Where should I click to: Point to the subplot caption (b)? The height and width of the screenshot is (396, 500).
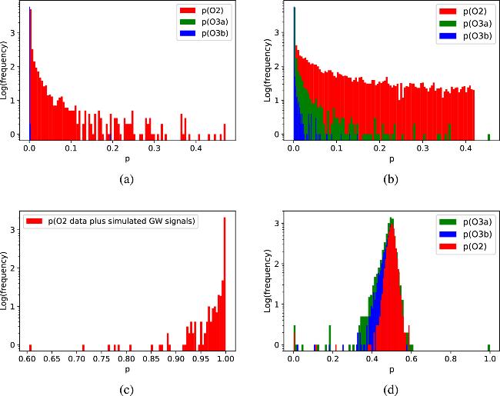(390, 179)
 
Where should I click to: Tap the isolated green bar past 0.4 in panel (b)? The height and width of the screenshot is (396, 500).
(489, 135)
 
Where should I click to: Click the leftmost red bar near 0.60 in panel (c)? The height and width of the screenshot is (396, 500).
(31, 344)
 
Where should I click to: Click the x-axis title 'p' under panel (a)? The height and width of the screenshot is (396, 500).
(126, 159)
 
